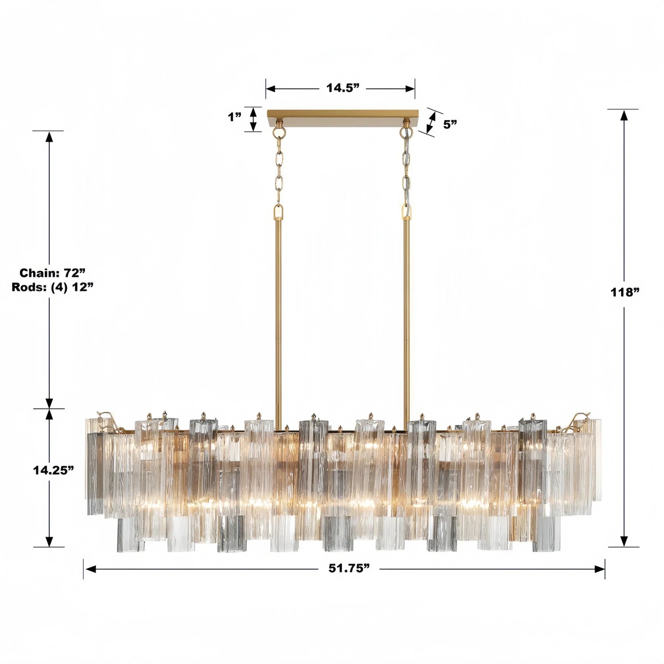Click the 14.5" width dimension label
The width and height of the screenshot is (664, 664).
click(343, 88)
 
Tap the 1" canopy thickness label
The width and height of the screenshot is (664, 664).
click(235, 117)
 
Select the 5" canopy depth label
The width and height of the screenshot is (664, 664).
click(450, 124)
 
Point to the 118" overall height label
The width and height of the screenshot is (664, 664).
click(625, 292)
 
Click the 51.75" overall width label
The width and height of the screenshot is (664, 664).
click(349, 568)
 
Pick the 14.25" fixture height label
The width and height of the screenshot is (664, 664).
click(53, 470)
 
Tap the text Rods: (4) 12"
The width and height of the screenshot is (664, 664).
click(52, 287)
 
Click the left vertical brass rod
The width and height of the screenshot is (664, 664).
click(278, 309)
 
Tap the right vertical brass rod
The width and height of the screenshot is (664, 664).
click(407, 309)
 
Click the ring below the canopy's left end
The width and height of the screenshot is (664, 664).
click(279, 132)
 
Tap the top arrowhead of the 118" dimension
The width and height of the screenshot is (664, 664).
click(624, 116)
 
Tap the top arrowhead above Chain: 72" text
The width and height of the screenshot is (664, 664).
click(49, 137)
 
